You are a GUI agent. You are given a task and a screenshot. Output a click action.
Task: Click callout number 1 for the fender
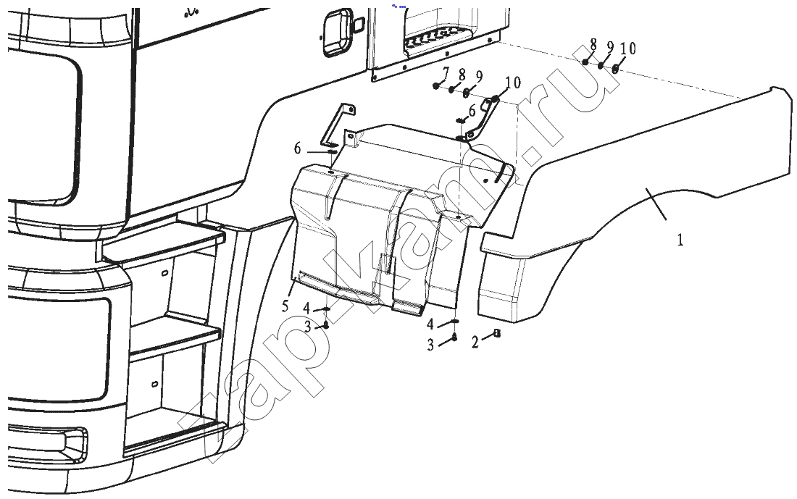[680, 239]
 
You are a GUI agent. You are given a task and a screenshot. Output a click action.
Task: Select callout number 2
[475, 343]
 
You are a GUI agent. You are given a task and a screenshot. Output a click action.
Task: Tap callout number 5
[285, 306]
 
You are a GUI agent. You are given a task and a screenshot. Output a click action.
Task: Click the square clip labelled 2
[497, 333]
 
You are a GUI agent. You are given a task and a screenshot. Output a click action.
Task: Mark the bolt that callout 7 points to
[437, 86]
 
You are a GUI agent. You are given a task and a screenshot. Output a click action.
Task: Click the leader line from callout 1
[656, 204]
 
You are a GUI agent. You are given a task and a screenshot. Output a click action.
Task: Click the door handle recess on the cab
[335, 32]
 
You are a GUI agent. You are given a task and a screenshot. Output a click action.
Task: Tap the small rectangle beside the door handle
[358, 25]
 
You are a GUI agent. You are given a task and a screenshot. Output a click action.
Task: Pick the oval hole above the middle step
[164, 274]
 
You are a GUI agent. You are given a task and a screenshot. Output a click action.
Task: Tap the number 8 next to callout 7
[462, 75]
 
